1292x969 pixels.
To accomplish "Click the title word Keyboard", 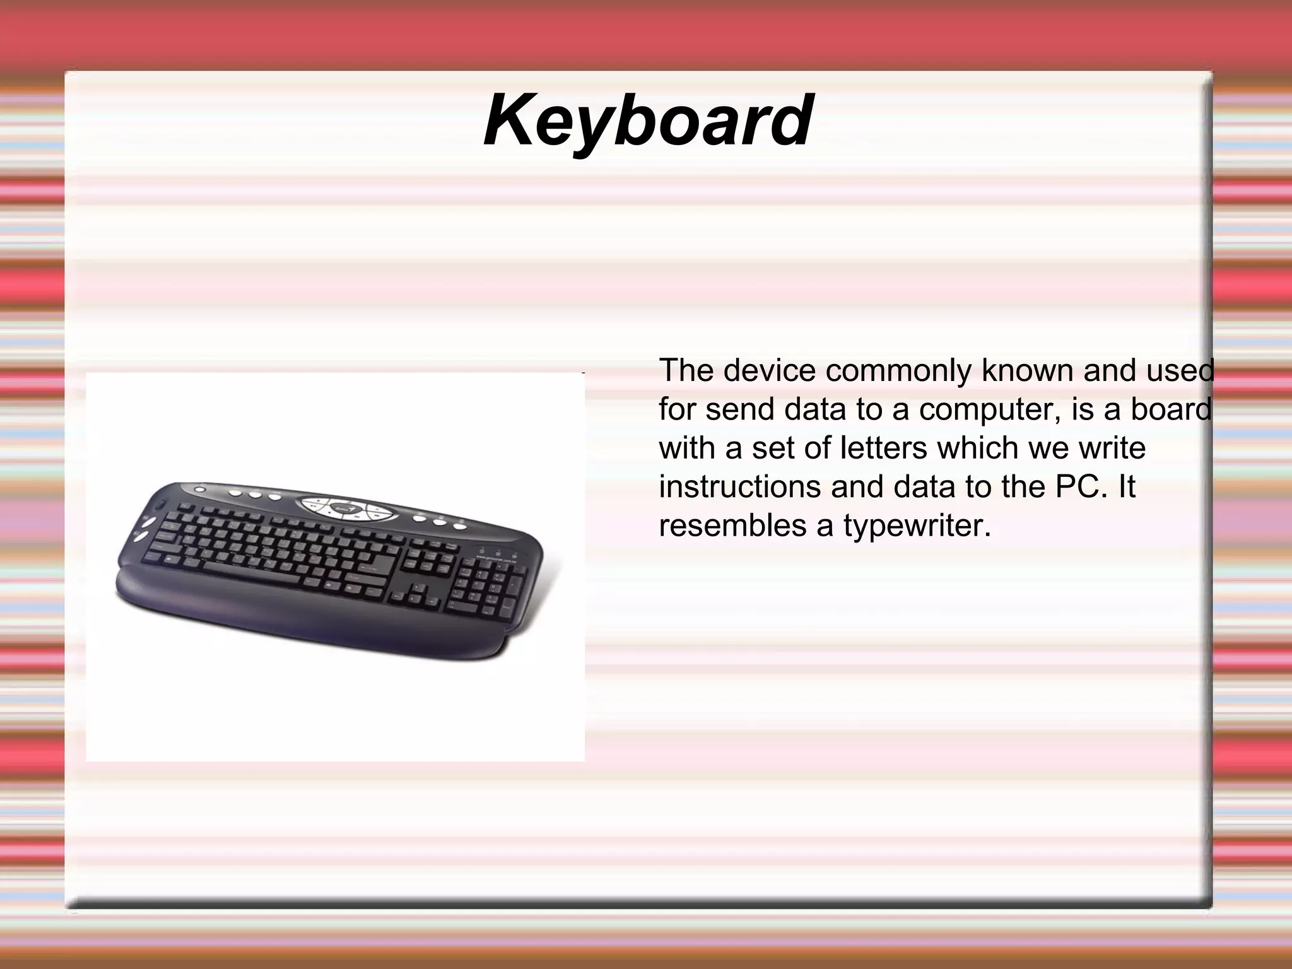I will tap(648, 120).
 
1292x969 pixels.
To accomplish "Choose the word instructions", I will tap(739, 486).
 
